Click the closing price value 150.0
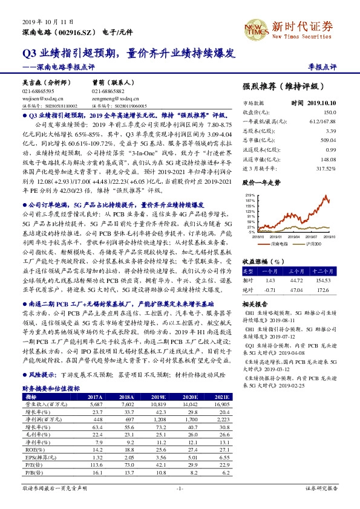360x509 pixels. coord(329,112)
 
